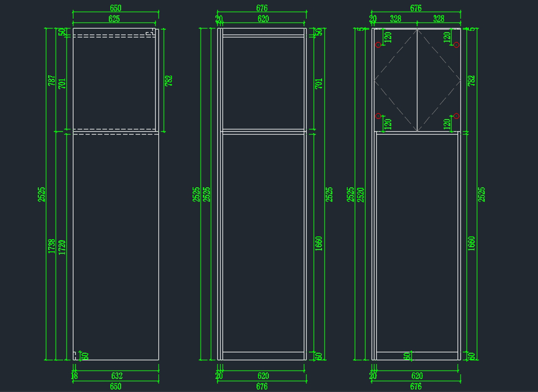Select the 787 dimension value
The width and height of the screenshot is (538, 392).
click(52, 81)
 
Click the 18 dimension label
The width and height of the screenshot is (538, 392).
click(74, 376)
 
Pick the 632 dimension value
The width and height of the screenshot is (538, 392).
click(117, 376)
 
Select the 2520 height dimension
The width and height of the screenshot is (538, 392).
click(360, 194)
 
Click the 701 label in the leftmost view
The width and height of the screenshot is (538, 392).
click(62, 84)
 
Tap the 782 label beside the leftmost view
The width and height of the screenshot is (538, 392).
click(169, 81)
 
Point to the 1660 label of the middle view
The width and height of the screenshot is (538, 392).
click(319, 243)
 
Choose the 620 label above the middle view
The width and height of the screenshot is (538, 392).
click(263, 19)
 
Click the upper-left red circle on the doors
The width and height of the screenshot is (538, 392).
click(378, 45)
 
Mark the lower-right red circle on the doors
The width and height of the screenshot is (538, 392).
click(456, 116)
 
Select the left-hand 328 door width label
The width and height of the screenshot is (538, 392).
click(395, 19)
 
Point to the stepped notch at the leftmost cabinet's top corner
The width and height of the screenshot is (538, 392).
click(152, 32)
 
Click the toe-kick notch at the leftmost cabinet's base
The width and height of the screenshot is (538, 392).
click(74, 356)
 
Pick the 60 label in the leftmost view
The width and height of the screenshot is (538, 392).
click(85, 356)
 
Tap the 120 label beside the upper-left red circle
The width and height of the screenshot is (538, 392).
click(388, 37)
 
